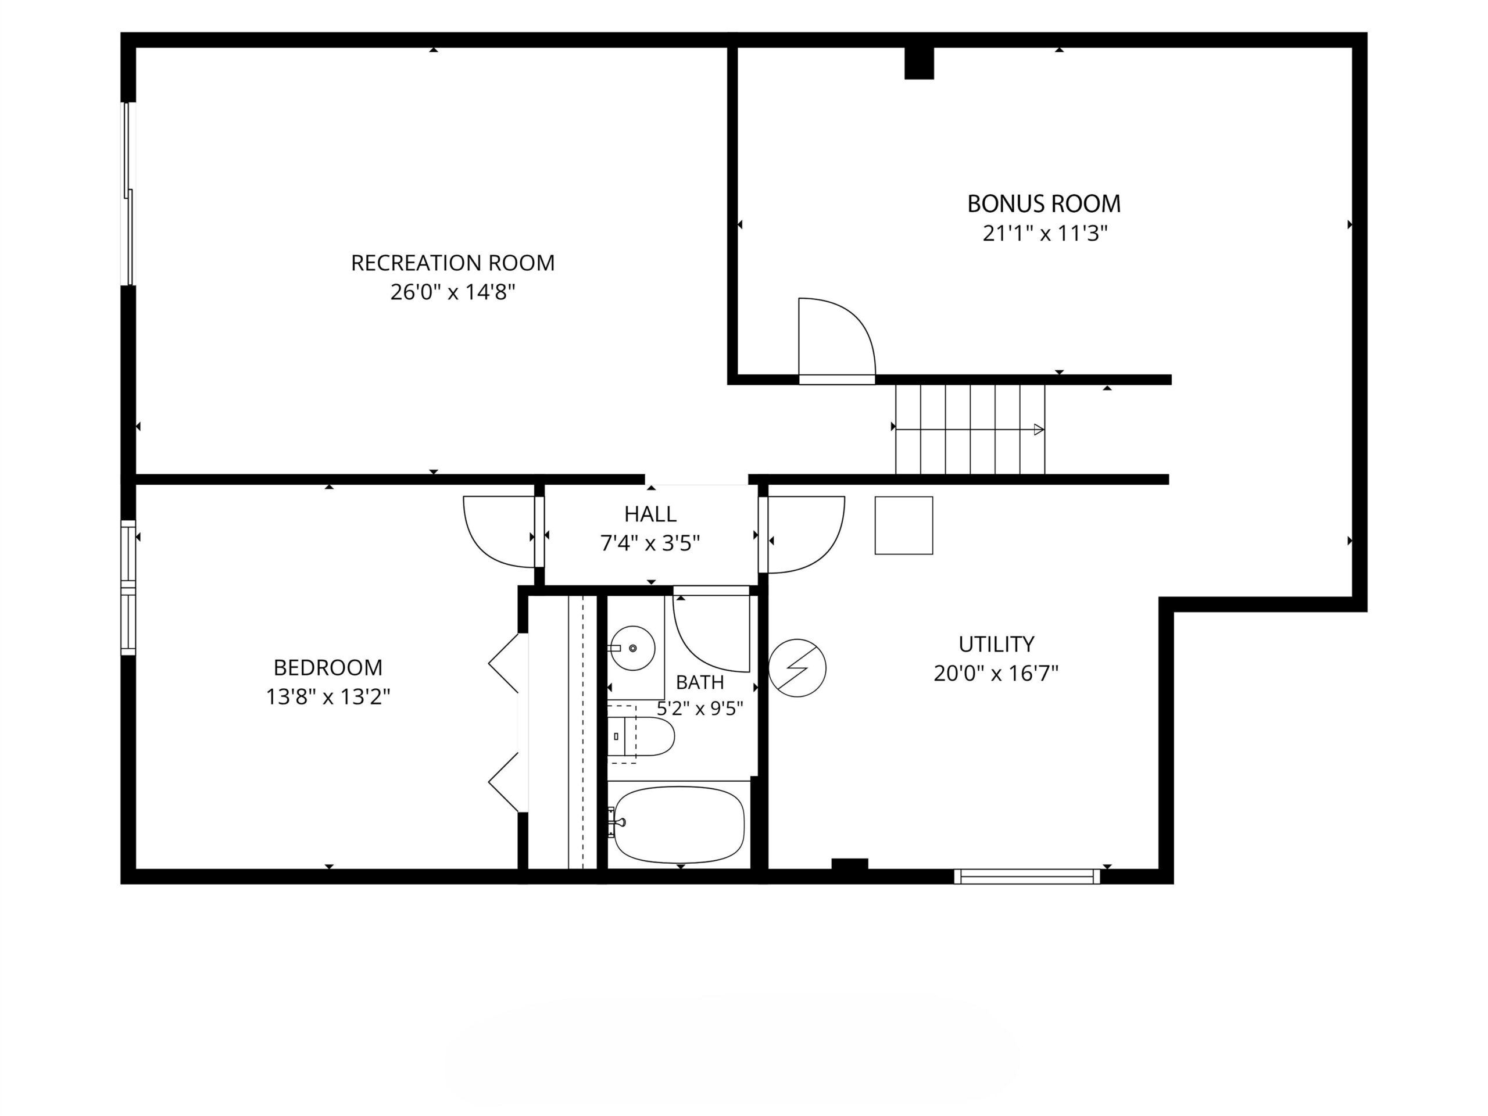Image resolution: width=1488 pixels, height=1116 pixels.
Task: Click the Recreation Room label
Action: pos(453,262)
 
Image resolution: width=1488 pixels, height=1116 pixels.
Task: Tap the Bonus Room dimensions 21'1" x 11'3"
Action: pos(1045,234)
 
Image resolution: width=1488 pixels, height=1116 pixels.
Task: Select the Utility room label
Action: pos(996,644)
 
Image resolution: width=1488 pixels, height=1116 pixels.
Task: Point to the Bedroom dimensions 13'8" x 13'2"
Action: pos(328,696)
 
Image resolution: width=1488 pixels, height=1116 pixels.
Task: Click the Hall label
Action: pos(650,514)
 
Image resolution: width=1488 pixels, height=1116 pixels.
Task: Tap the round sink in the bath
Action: pos(633,648)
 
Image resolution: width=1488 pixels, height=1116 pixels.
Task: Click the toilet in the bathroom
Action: pos(641,736)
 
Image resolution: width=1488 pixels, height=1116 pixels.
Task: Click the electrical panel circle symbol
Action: pos(797,668)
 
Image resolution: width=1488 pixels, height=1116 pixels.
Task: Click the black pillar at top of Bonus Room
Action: pos(919,63)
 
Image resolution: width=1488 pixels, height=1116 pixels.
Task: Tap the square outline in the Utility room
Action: pos(903,525)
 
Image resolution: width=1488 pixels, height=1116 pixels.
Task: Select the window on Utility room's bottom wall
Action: pos(1027,876)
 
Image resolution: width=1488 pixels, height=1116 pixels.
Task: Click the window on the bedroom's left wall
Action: pos(128,587)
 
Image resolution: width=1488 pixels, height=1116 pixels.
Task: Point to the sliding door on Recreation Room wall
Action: pos(128,194)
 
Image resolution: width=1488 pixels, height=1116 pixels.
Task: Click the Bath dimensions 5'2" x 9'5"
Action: pos(700,709)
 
